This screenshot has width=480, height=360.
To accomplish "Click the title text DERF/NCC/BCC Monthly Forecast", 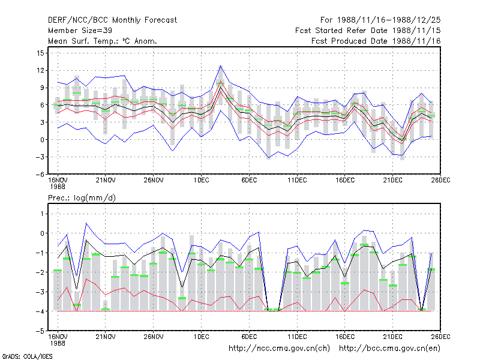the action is (112, 20).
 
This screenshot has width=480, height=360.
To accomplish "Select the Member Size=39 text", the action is (80, 31).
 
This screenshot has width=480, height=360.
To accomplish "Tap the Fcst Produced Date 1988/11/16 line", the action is (376, 41).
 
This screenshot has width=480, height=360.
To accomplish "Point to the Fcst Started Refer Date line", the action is (368, 31).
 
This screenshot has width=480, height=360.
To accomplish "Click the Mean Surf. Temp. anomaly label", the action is (103, 41).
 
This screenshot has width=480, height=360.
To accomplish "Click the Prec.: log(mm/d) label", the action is (82, 198).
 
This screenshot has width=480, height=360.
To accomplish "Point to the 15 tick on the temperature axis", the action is (40, 53).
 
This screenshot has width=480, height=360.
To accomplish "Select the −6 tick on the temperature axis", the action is (40, 175).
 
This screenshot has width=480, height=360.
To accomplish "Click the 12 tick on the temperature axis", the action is (40, 71).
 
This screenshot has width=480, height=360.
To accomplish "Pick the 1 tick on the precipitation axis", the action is (42, 214).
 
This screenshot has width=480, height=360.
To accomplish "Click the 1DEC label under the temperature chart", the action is (201, 181).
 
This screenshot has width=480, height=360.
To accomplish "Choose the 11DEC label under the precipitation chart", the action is (297, 337).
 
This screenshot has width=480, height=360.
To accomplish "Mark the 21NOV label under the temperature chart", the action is (106, 181).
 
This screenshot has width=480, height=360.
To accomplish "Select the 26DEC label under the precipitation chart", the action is (440, 337).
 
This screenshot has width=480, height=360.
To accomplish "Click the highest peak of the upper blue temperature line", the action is (220, 66).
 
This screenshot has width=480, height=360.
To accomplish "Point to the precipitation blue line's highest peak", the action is (86, 223).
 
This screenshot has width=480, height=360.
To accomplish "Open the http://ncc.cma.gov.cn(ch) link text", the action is (279, 349).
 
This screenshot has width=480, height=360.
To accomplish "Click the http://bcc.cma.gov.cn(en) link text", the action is (389, 349).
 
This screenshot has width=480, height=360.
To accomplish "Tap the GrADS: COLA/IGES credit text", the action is (27, 356).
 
